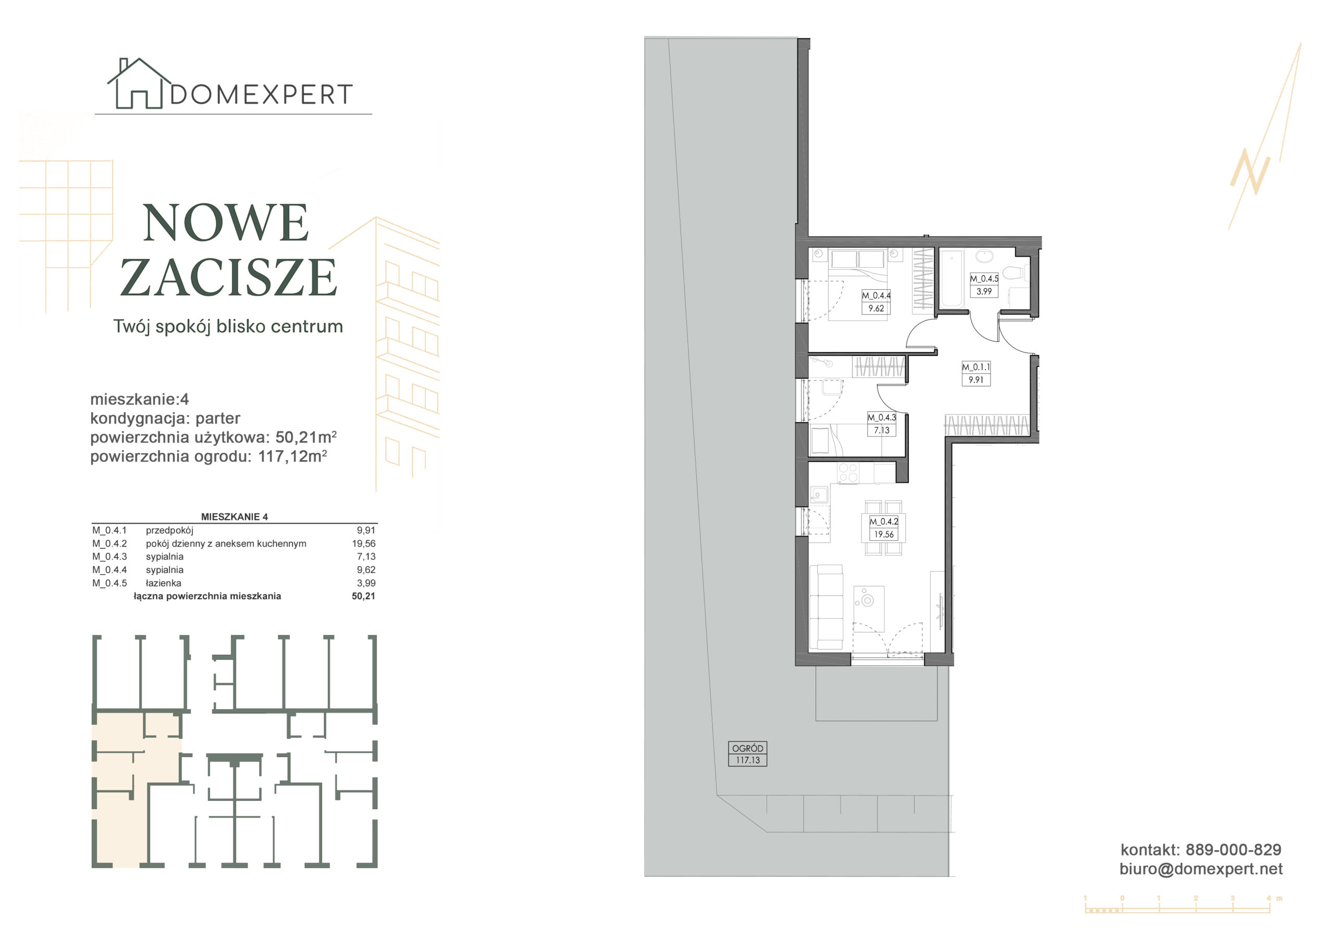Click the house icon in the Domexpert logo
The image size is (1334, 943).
click(x=138, y=84)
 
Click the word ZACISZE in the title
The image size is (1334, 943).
click(x=228, y=277)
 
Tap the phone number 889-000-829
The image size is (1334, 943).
click(x=1233, y=850)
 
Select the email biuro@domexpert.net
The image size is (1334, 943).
click(x=1201, y=868)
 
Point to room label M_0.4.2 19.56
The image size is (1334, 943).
click(x=884, y=528)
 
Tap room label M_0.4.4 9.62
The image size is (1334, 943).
click(x=876, y=302)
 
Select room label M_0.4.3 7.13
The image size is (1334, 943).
click(x=881, y=424)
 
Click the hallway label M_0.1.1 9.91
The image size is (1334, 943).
click(x=975, y=374)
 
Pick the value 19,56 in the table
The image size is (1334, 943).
click(x=364, y=544)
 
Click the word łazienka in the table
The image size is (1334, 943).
click(x=163, y=583)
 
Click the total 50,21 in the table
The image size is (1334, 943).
click(x=363, y=596)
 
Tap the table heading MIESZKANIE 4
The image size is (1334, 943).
click(x=234, y=516)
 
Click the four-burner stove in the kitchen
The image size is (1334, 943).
click(x=848, y=473)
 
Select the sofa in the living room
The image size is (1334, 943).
click(x=825, y=607)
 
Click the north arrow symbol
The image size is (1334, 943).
click(x=1264, y=137)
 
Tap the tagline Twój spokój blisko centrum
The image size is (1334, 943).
click(x=228, y=327)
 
